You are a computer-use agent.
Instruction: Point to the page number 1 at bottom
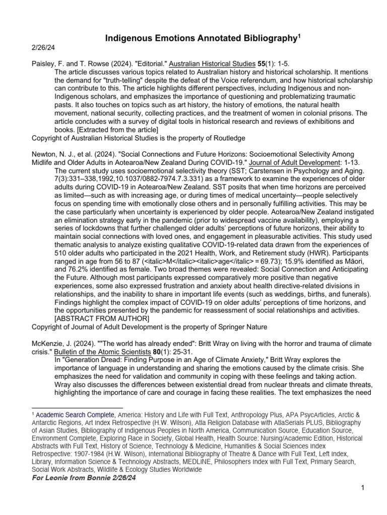[363, 487]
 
